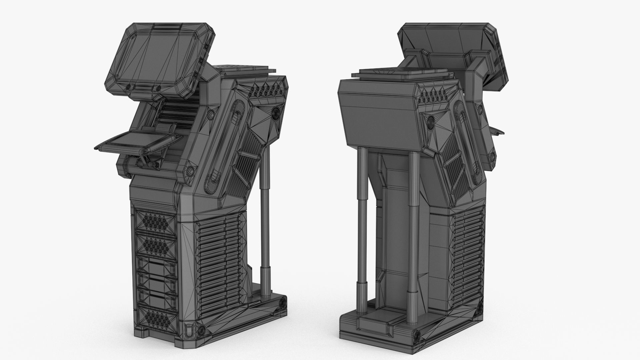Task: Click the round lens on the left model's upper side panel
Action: (276, 113)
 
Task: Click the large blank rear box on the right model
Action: (377, 110)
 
